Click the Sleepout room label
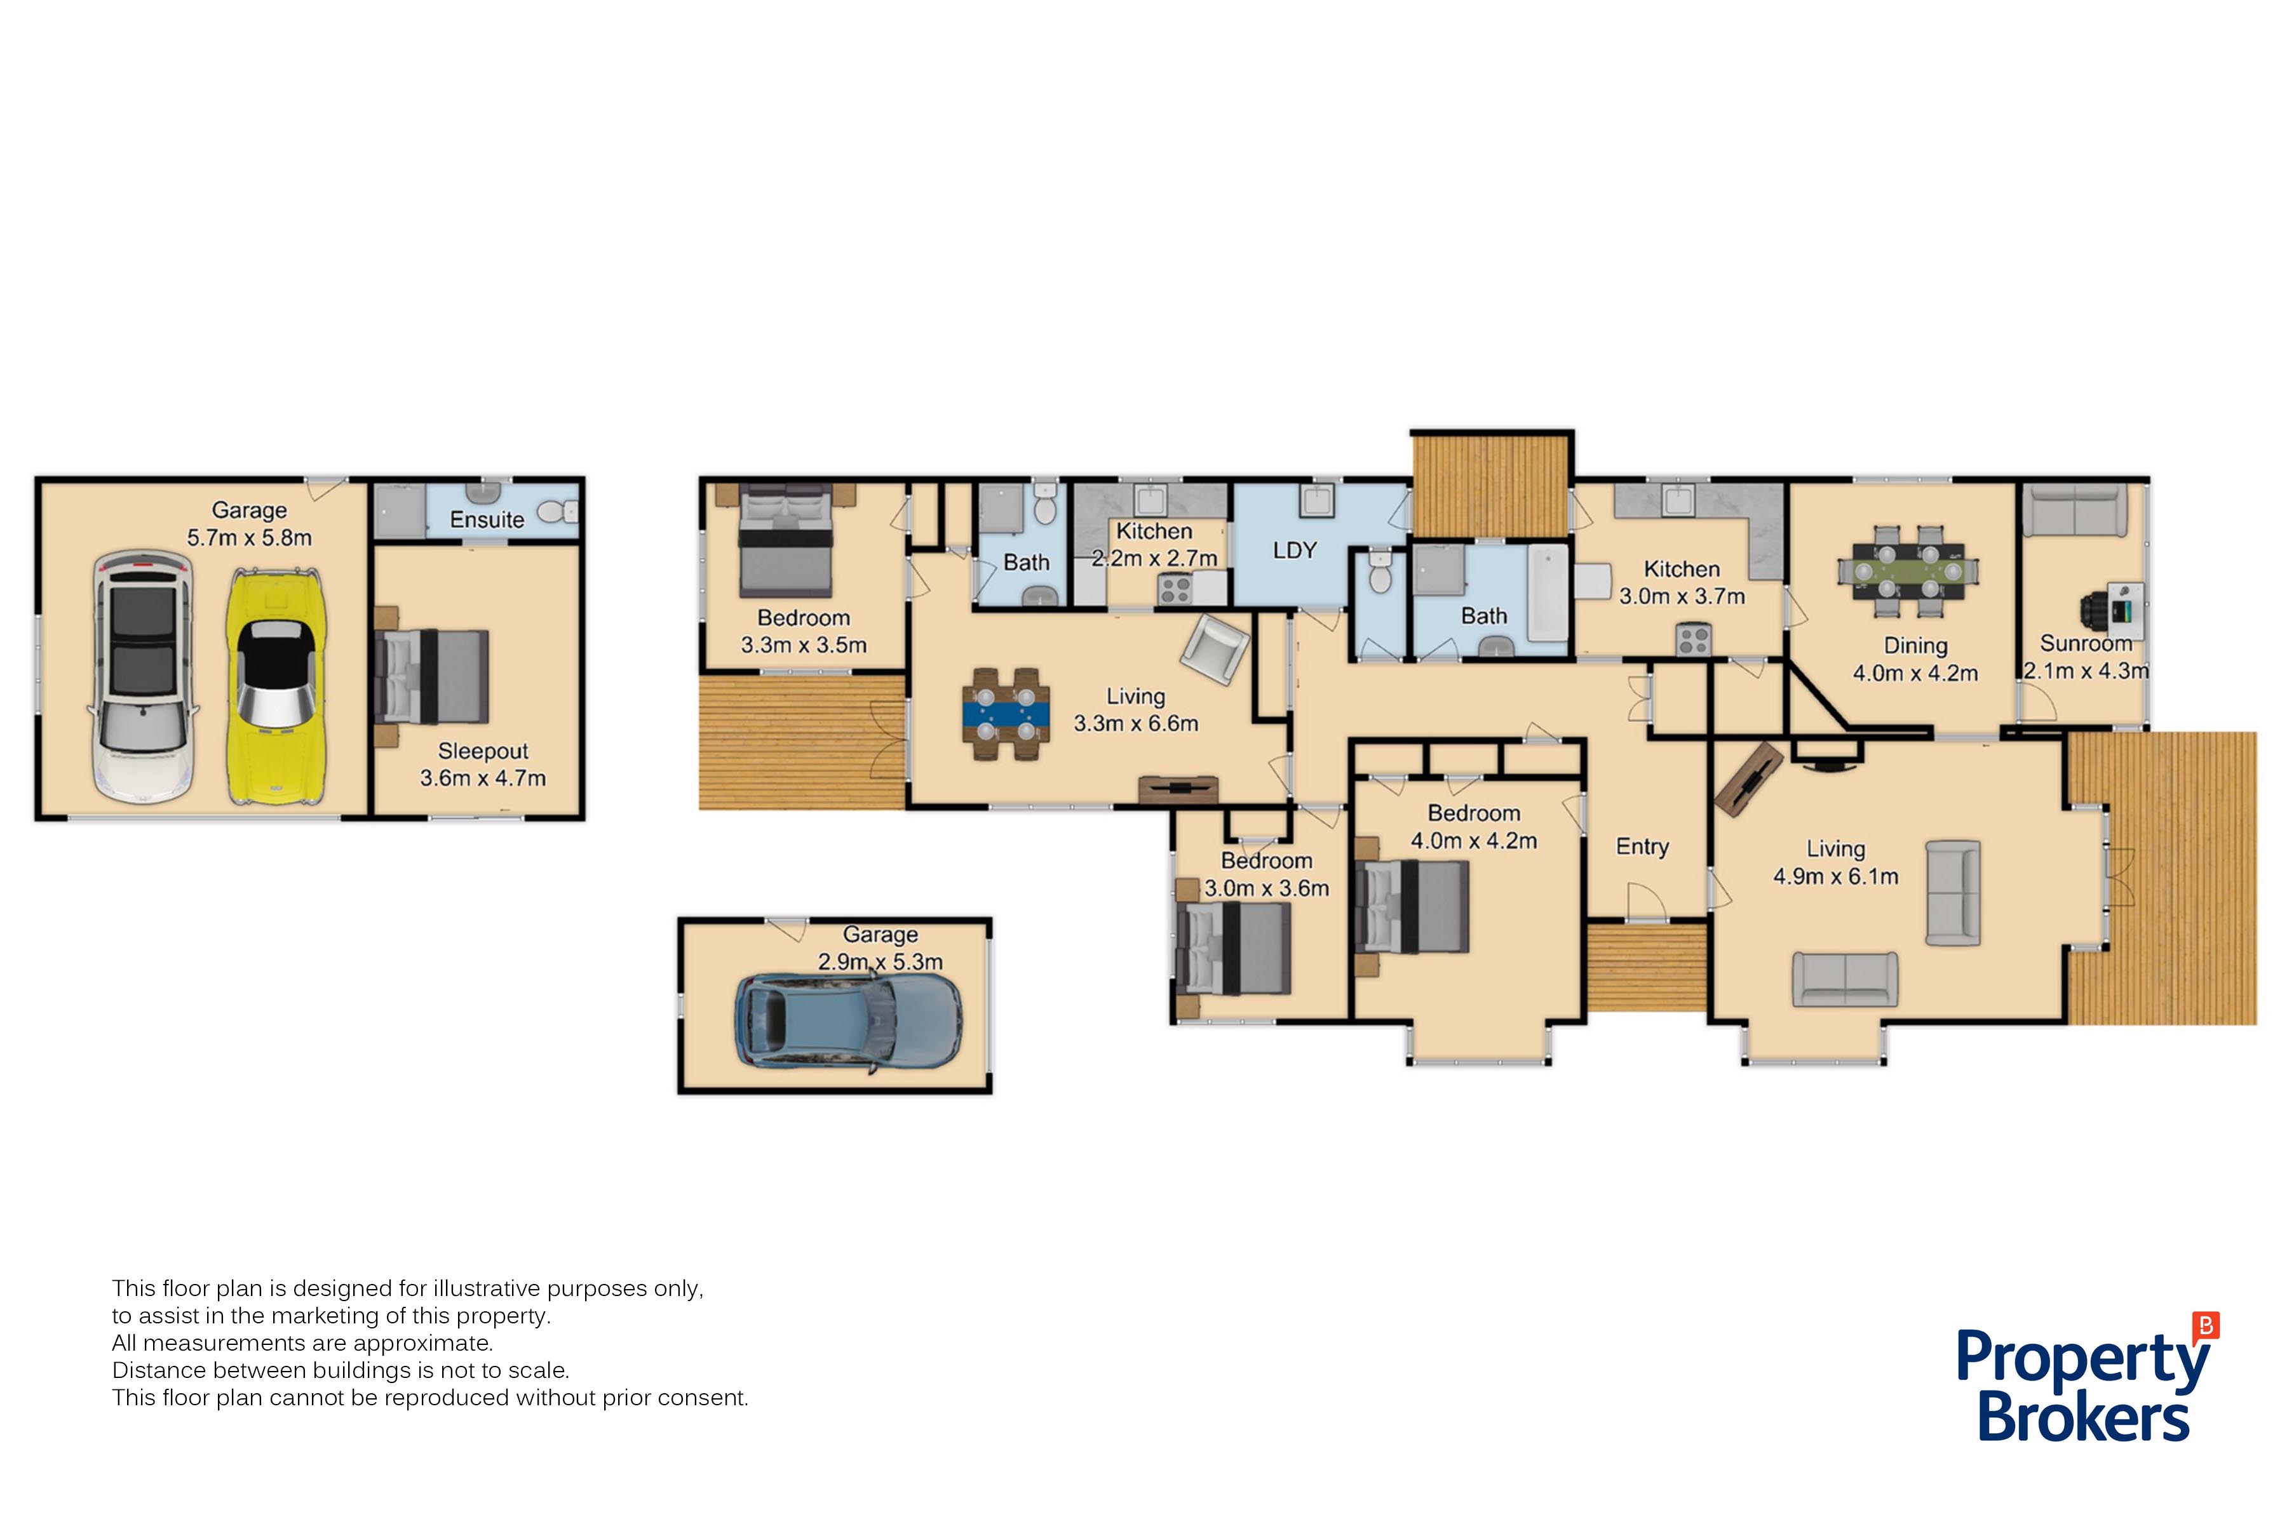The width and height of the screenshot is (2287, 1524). (x=483, y=751)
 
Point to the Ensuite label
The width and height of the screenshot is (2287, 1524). (x=487, y=520)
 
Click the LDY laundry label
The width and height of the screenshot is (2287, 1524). (x=1294, y=551)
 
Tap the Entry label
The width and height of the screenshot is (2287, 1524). (x=1642, y=846)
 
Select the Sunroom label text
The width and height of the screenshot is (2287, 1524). (x=2086, y=643)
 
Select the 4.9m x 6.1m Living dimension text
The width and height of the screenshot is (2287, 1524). (x=1836, y=877)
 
